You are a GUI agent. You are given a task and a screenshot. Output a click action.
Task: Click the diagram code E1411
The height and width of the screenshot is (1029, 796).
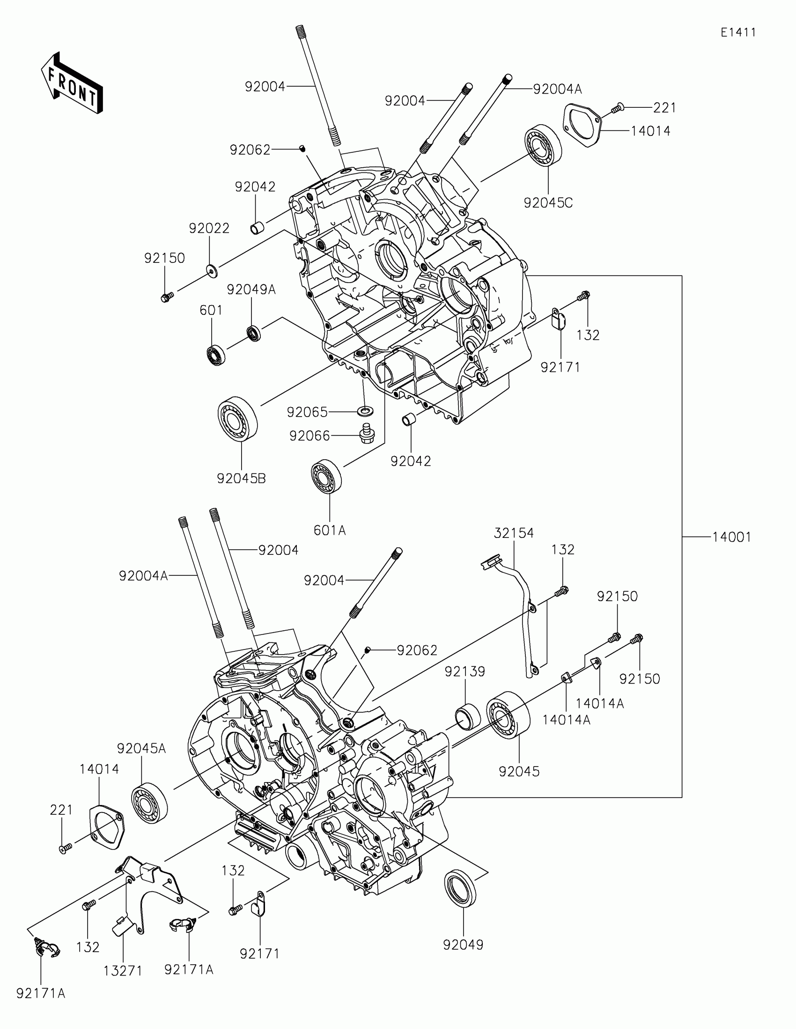click(738, 32)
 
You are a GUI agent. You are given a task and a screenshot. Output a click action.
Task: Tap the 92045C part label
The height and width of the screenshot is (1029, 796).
click(548, 203)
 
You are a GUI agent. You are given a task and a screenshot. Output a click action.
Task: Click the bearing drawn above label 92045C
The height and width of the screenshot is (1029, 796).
click(543, 146)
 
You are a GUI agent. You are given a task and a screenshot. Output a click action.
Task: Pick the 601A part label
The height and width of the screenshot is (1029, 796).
click(330, 530)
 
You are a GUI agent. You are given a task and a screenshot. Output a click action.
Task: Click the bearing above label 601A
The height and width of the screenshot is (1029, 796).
click(326, 476)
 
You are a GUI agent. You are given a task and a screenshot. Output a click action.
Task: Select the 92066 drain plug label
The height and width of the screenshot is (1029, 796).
click(309, 436)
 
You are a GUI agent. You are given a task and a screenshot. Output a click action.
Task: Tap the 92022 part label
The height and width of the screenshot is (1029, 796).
click(209, 229)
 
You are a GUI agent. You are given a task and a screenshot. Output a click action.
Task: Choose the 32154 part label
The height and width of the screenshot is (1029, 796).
click(514, 533)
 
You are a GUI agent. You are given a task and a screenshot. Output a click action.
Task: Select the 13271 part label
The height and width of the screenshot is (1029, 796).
click(123, 971)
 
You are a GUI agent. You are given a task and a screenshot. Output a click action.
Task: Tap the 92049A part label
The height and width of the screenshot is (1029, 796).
click(251, 290)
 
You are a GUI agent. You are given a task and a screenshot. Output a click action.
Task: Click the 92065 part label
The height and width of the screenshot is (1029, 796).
click(307, 412)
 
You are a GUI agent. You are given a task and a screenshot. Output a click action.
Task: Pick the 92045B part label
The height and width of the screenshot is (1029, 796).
click(241, 479)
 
